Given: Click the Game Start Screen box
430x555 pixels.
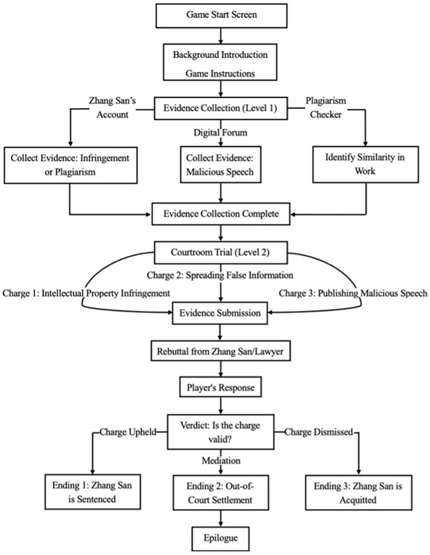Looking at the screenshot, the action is click(x=221, y=15).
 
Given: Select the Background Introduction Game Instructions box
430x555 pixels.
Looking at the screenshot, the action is click(x=220, y=63).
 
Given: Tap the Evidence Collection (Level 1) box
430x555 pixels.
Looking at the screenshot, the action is click(x=220, y=108).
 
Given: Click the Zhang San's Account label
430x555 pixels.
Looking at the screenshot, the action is click(x=113, y=107).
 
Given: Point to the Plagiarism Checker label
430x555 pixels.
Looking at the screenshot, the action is click(x=326, y=107).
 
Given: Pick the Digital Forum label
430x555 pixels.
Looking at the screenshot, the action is click(x=220, y=133).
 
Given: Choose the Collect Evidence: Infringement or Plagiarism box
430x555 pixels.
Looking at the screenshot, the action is click(x=70, y=165).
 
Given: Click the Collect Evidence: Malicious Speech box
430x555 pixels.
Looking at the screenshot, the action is click(x=220, y=164).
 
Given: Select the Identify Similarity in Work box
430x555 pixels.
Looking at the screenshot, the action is click(x=366, y=164).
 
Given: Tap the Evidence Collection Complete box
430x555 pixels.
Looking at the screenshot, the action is click(x=221, y=214).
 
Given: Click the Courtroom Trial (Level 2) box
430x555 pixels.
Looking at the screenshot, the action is click(x=220, y=252).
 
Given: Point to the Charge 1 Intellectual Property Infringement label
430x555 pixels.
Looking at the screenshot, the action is click(x=86, y=293).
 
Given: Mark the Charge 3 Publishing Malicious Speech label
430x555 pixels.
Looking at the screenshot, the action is click(x=353, y=293).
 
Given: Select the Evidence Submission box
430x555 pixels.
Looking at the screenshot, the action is click(x=220, y=313).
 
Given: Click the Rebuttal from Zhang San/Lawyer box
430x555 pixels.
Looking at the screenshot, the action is click(x=220, y=351).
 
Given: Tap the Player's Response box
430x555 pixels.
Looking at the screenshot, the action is click(x=220, y=387).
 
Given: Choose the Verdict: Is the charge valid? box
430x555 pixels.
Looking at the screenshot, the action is click(x=220, y=432).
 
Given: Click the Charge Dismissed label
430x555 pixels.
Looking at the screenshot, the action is click(x=319, y=432).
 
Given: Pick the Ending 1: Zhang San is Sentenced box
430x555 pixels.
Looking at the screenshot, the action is click(x=93, y=492).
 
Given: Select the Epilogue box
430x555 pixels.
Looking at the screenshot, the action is click(x=220, y=539).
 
